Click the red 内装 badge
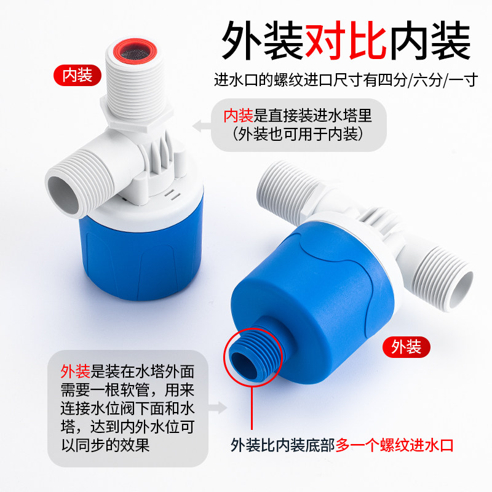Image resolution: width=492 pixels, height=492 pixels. coord(77,75)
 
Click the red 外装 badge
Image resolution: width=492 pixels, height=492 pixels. coord(407,347)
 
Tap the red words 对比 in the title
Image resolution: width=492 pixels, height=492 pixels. coord(346,40)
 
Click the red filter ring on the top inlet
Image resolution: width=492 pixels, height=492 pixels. coord(135,51)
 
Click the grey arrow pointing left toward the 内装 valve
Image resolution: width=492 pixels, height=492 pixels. coord(202,126)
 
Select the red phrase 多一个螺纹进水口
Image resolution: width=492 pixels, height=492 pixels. coord(395,445)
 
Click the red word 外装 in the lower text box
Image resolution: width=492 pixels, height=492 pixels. coord(75,371)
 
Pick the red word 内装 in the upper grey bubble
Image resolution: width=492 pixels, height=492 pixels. coord(238,116)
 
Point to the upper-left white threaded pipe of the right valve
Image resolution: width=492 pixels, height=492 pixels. coord(285,188)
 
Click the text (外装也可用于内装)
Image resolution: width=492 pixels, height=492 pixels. coord(298,134)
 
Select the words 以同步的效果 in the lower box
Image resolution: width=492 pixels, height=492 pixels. coord(105,445)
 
